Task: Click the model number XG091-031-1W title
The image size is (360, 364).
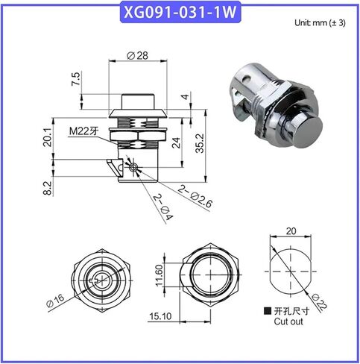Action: (x=180, y=12)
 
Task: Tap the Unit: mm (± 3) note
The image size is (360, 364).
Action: (x=320, y=23)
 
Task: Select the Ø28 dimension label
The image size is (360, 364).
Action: (x=137, y=55)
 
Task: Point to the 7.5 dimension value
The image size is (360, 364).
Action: (x=76, y=79)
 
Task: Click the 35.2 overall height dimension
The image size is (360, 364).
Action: (x=200, y=143)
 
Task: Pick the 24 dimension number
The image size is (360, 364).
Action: (x=177, y=142)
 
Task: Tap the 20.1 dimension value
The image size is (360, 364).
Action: (x=47, y=137)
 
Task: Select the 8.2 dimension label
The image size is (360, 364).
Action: (x=48, y=188)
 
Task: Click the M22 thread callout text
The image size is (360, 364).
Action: (x=83, y=131)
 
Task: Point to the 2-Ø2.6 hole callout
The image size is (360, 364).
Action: (x=195, y=196)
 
